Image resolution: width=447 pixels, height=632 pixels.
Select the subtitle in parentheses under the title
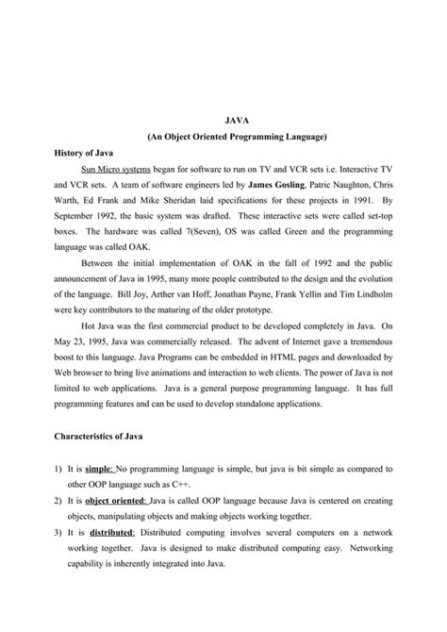tap(237, 138)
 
